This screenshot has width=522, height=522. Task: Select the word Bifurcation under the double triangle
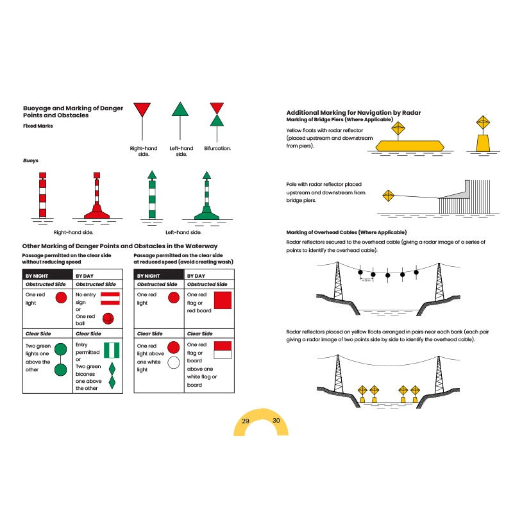[x=217, y=148]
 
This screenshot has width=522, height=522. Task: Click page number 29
[x=246, y=421]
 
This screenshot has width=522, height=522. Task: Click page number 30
[x=276, y=421]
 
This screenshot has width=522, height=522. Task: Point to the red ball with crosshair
[x=108, y=318]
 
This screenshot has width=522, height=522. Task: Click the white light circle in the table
[x=173, y=363]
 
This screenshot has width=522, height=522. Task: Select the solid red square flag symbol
[x=222, y=300]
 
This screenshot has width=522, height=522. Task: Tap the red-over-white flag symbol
[x=222, y=350]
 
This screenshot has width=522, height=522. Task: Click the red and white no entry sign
[x=110, y=298]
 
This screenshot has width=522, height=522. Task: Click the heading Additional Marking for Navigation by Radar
[x=353, y=112]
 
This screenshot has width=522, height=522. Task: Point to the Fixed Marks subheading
[x=38, y=126]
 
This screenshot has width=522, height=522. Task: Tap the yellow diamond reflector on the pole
[x=387, y=196]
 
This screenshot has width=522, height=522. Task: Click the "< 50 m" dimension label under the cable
[x=366, y=280]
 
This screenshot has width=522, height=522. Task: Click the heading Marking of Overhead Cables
[x=346, y=232]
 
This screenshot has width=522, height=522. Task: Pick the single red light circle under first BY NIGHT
[x=62, y=298]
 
